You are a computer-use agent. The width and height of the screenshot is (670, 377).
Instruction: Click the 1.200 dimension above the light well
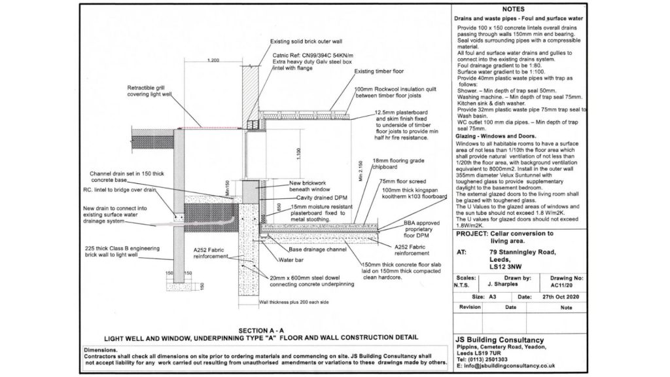213,60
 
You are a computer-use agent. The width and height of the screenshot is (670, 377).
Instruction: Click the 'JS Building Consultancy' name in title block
500,340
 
